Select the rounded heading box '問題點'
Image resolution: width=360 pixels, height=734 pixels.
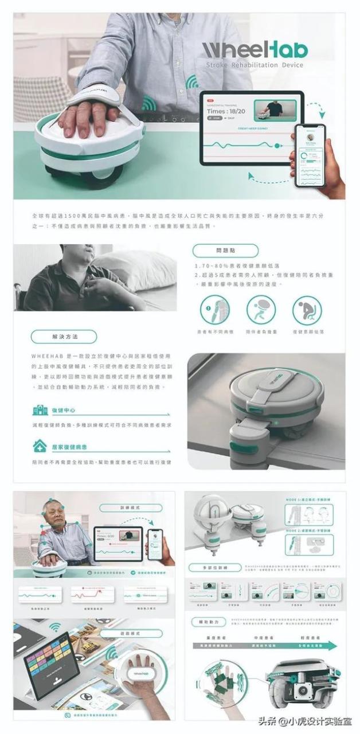(x=225, y=251)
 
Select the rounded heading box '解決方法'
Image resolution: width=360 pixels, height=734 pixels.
(x=63, y=337)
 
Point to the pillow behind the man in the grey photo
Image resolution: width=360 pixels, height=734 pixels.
(x=140, y=270)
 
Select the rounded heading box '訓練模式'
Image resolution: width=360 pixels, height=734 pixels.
(x=126, y=507)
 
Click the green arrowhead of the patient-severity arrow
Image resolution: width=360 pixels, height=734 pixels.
(x=336, y=646)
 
